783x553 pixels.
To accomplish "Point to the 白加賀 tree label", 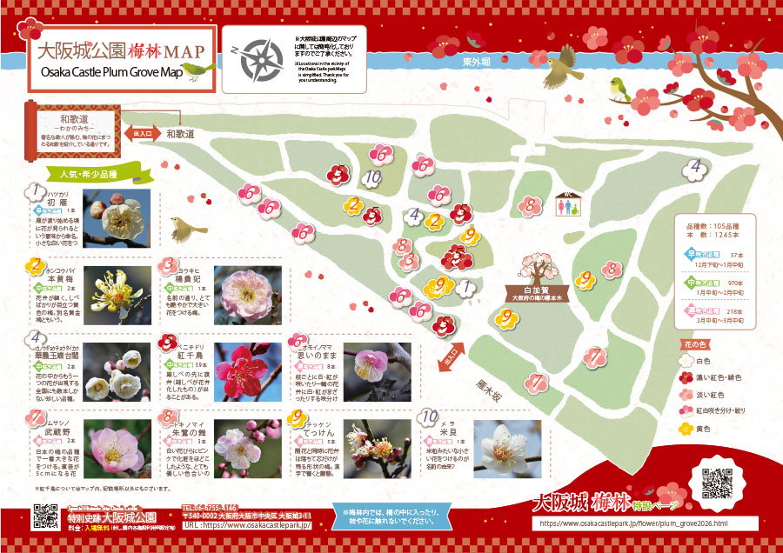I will pos(532,293).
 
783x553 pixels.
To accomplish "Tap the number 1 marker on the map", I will pos(465,287).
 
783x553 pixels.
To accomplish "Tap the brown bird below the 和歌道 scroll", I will pos(185,230).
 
